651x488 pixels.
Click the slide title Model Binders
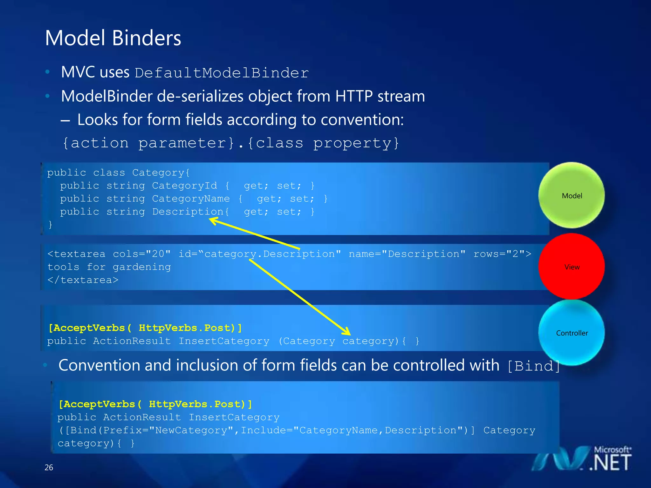113,38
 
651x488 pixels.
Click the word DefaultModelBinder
222,73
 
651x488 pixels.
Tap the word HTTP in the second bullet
353,96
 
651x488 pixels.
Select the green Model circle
572,195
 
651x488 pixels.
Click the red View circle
572,267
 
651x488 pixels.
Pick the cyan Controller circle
572,333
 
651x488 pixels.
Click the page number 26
49,467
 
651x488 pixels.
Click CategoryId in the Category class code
184,186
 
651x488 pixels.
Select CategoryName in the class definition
191,199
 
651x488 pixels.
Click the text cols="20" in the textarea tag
142,254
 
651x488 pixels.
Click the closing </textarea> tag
83,280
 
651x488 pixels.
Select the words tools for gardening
109,267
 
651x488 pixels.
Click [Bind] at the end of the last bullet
533,366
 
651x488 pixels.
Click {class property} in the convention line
323,143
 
